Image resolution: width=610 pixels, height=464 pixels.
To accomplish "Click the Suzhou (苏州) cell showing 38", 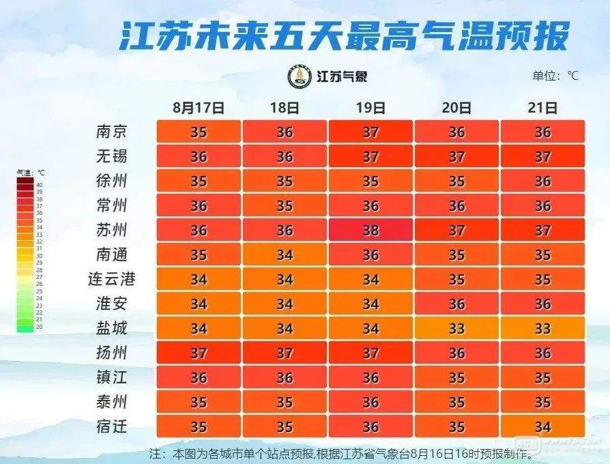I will (371, 230).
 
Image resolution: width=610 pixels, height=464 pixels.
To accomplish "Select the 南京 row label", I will (112, 131).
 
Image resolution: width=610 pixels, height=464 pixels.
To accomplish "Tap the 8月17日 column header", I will (199, 108).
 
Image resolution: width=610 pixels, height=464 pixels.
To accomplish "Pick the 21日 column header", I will (542, 108).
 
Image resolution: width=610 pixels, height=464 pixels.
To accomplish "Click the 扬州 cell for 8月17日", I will (199, 353).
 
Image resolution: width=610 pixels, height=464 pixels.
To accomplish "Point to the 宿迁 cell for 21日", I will (542, 426).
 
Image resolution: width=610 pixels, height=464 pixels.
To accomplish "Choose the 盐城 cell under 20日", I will (456, 328).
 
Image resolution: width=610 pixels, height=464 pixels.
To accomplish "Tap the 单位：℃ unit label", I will (555, 76).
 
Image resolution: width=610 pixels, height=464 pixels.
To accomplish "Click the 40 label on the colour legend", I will (40, 185).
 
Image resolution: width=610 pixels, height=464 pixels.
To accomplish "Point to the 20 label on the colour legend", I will (40, 327).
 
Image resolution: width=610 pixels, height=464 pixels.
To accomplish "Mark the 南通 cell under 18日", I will (285, 255).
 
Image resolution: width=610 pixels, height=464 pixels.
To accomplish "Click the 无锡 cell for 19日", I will (371, 156).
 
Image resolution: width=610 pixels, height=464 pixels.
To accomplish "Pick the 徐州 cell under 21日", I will (542, 181).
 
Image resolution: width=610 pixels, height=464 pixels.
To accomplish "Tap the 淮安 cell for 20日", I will (456, 304).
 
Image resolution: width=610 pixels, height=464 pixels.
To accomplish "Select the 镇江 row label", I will (112, 377).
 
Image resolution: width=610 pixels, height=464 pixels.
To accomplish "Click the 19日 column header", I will (371, 108).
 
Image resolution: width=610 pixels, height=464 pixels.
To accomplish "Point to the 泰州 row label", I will (112, 402).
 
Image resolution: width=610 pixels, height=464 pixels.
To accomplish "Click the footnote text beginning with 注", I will (340, 453).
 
